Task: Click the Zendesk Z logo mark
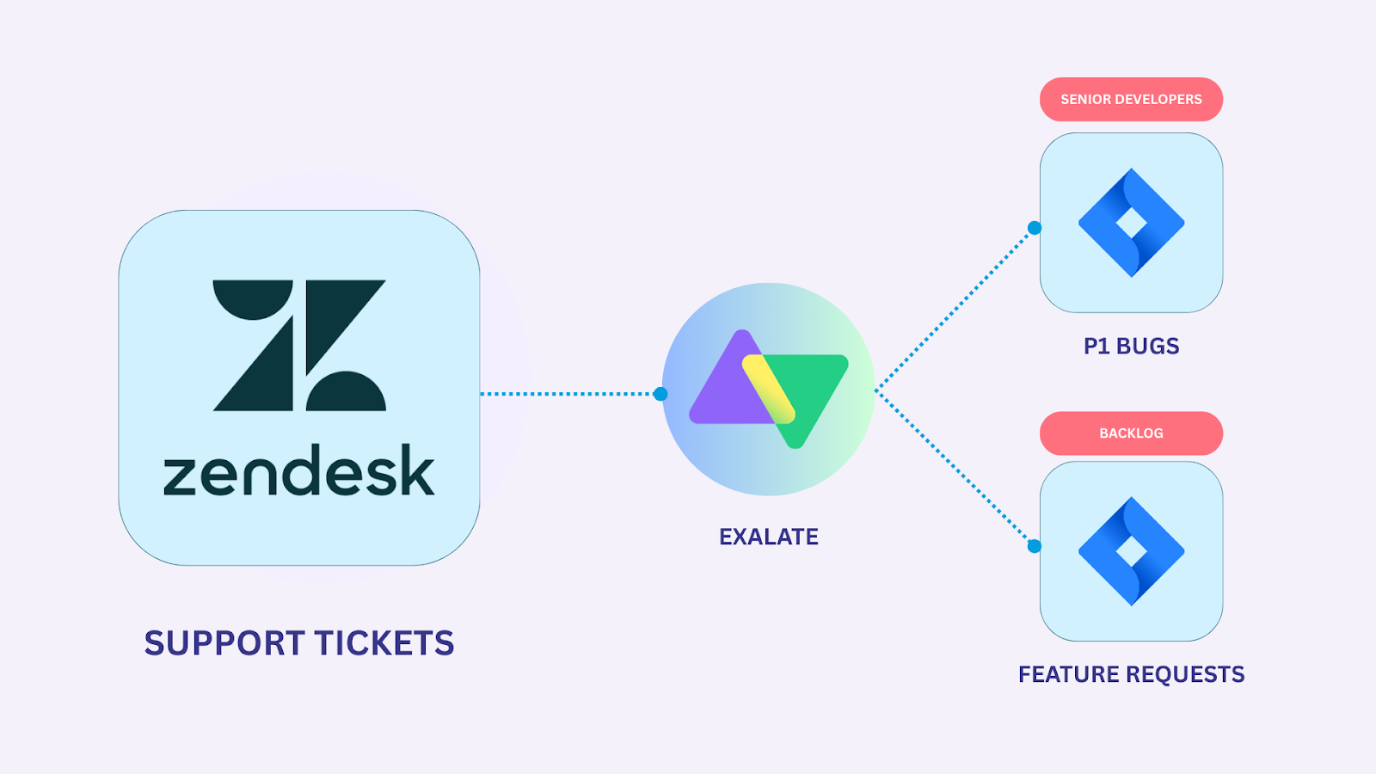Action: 299,345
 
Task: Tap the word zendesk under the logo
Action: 299,471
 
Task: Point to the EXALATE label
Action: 768,537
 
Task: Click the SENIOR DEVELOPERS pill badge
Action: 1131,100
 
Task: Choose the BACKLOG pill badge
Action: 1131,433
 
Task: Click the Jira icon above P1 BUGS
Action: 1131,223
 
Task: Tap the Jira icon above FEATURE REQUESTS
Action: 1131,551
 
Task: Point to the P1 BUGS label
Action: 1131,347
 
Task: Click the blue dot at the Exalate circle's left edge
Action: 660,394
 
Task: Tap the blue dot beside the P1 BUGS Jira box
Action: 1035,228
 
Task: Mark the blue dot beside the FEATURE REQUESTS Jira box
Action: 1035,546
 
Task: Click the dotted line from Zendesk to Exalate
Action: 568,394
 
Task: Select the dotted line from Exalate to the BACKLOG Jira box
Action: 955,469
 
